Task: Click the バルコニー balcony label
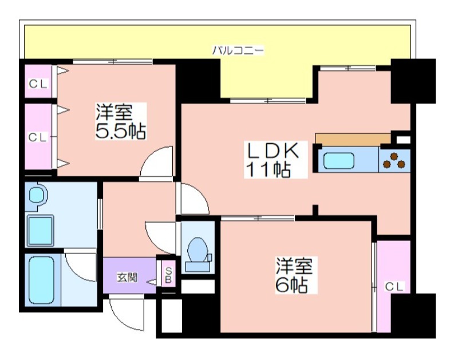(238, 50)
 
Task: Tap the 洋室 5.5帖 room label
(121, 121)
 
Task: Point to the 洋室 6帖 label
(294, 275)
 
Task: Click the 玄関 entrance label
(127, 277)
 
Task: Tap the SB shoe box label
(168, 275)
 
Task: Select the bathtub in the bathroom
(42, 280)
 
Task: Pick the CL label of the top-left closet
(38, 84)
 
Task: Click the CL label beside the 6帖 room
(394, 287)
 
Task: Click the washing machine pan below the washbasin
(41, 230)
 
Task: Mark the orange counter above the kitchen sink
(353, 139)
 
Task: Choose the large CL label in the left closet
(38, 137)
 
